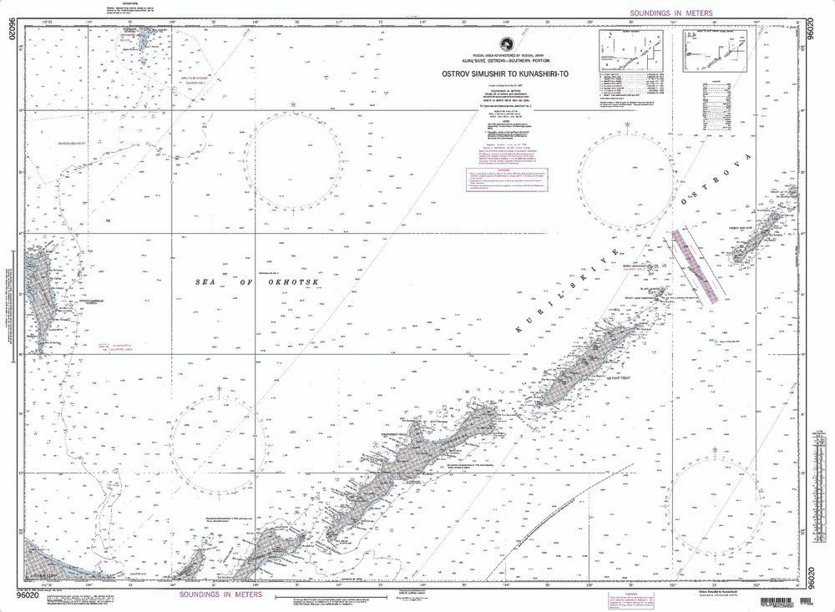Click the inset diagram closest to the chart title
point(630,52)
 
